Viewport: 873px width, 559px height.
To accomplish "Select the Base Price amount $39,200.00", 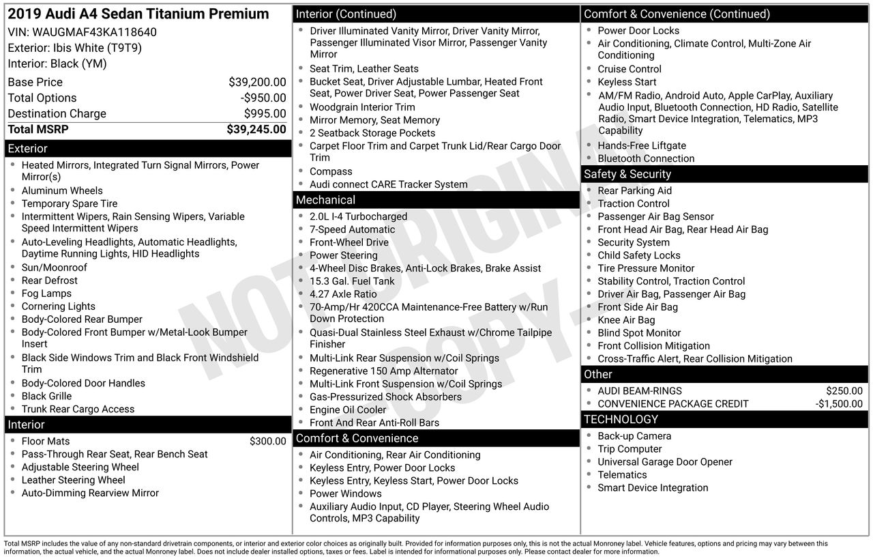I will point(257,82).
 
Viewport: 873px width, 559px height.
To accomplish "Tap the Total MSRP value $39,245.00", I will point(256,129).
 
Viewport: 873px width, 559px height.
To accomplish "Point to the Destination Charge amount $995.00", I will point(265,113).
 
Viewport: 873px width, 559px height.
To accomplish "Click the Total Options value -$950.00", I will point(263,98).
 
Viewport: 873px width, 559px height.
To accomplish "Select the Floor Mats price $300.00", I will point(267,441).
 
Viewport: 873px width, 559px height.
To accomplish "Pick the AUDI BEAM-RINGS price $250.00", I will point(844,390).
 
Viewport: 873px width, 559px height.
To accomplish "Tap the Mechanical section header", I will point(325,200).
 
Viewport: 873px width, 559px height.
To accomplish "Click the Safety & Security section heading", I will point(627,174).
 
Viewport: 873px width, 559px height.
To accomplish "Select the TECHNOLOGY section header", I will point(621,419).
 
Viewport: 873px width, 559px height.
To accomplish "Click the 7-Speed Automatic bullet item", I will point(352,229).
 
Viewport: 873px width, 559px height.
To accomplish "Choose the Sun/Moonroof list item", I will point(54,267).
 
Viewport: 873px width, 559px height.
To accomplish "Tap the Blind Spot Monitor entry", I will point(639,332).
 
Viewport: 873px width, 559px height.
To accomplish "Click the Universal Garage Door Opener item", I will point(665,461).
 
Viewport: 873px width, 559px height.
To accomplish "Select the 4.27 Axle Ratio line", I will point(343,293).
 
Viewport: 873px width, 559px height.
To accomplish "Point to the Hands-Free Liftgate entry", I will point(642,145).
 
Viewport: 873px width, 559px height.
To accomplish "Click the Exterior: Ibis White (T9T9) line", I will point(75,48).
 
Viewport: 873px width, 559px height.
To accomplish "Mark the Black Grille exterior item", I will point(46,396).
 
